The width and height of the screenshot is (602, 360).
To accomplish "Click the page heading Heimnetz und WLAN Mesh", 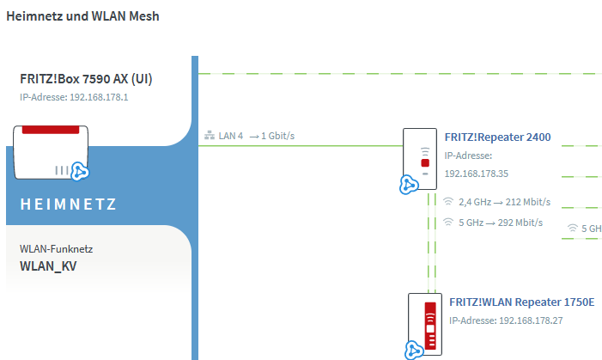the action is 82,16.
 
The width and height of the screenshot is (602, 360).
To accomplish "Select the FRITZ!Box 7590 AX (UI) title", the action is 86,79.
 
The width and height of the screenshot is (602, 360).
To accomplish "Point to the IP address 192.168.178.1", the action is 99,97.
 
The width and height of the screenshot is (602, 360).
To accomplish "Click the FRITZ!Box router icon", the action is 51,152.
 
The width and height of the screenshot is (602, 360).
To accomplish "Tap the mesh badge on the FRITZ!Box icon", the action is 80,171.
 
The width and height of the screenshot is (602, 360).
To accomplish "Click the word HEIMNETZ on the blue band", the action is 68,204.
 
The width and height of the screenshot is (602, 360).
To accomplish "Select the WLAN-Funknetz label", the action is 57,249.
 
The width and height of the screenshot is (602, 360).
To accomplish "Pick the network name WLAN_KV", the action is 48,265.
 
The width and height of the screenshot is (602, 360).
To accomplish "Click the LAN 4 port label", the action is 231,136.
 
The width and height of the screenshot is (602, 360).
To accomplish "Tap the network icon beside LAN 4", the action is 210,135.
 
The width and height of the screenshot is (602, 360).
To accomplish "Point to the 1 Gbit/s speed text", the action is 278,136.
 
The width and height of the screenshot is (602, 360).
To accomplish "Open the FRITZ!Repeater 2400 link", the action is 497,137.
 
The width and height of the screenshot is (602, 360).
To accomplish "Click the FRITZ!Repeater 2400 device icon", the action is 420,159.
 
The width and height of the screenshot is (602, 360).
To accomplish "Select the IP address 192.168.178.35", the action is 477,174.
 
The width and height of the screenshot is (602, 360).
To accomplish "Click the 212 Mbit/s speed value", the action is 528,202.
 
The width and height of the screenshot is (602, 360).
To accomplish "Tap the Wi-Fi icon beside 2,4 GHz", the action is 448,201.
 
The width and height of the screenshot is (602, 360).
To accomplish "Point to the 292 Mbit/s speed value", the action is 520,223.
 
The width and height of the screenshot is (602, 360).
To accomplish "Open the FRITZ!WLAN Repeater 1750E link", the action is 522,302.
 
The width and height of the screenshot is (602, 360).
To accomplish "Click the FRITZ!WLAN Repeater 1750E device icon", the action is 425,325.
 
